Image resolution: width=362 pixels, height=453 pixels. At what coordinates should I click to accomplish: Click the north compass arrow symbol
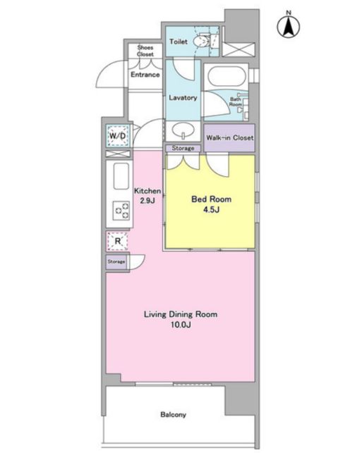point(289,25)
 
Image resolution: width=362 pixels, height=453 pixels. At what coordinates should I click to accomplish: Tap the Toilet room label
point(179,42)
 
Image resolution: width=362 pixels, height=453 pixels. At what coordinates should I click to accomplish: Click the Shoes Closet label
point(145,51)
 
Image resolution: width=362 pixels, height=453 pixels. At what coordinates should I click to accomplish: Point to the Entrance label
point(145,75)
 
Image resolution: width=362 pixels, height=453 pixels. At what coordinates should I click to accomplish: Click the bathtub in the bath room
point(227,77)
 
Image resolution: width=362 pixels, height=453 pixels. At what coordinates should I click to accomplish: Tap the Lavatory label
point(183,98)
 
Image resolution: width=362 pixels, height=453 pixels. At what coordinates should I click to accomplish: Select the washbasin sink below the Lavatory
point(183,131)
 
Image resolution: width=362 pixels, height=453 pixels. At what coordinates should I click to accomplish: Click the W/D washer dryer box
point(117,136)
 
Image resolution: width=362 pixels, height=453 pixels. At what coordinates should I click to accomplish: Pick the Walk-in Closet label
point(230,138)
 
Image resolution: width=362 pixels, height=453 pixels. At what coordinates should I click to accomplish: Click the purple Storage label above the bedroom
point(183,148)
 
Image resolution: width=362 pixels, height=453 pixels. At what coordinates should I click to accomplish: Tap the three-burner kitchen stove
point(121,211)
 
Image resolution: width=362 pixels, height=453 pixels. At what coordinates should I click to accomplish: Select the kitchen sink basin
point(121,176)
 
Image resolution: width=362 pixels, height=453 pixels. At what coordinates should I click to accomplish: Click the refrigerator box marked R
point(117,241)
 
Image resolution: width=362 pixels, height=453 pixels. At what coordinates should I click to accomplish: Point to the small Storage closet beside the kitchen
point(116,262)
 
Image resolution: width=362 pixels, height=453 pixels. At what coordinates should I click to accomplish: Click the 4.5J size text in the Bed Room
point(211,210)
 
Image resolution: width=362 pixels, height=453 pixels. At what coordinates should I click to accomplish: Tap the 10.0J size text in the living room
point(181,325)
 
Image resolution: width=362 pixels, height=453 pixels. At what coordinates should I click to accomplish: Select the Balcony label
point(174,415)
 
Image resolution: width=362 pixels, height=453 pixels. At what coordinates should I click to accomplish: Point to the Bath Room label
point(236,101)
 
